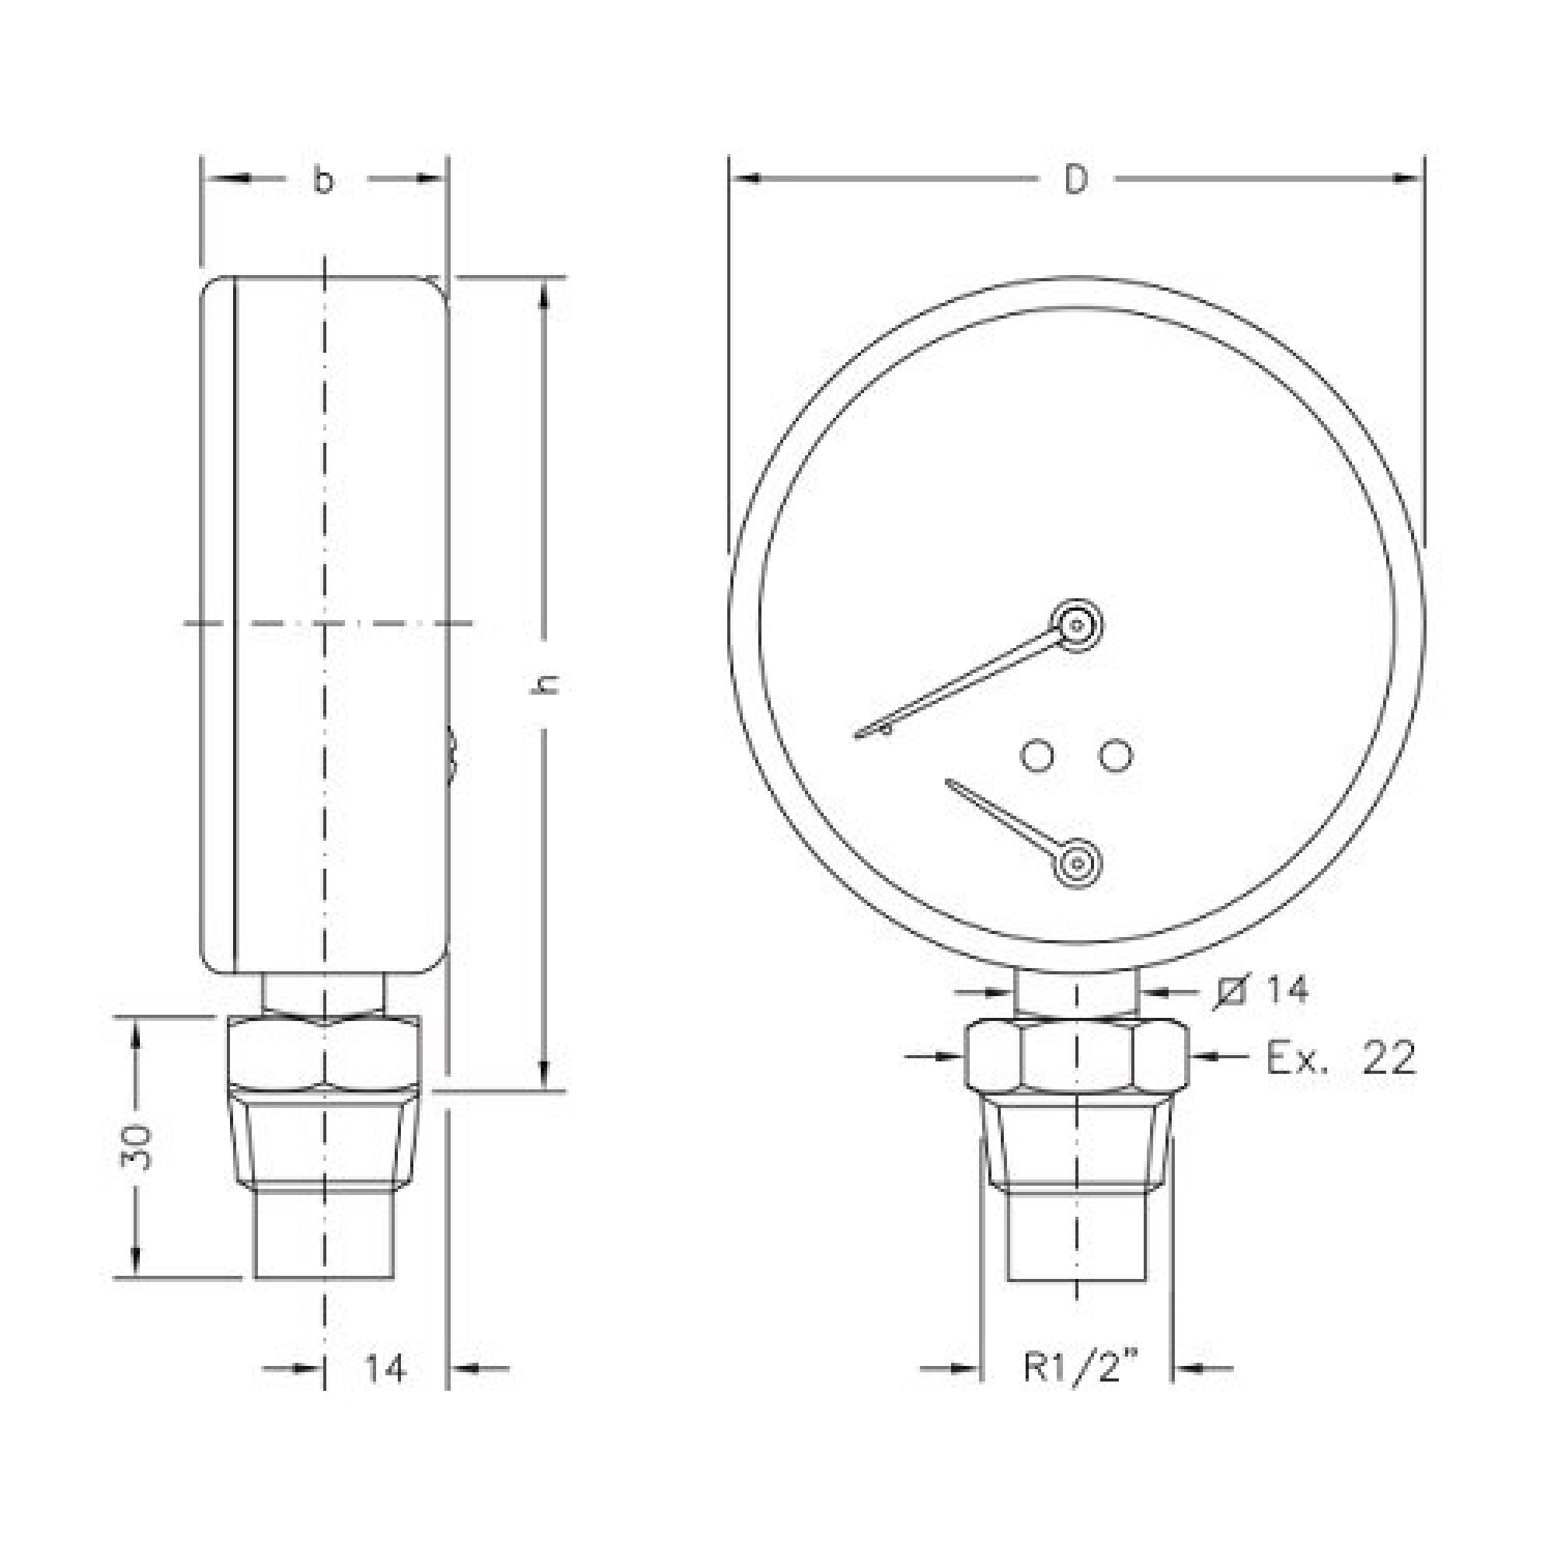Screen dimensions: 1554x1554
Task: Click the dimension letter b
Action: (x=322, y=181)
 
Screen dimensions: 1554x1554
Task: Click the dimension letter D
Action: (x=1075, y=180)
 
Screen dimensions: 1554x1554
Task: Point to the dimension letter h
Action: (x=548, y=685)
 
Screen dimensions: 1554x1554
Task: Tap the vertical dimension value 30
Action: (x=137, y=1147)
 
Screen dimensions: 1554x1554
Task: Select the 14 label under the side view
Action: (x=385, y=1368)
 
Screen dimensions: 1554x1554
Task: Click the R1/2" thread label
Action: (x=1082, y=1368)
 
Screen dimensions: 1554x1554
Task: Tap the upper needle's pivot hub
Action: (x=1077, y=623)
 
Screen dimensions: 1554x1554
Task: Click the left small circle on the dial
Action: (x=1037, y=755)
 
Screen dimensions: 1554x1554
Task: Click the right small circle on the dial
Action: (x=1117, y=755)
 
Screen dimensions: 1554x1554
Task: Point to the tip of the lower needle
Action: (x=950, y=781)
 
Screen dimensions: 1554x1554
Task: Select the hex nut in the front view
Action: (x=1076, y=1054)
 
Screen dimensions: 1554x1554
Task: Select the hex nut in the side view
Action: (x=324, y=1054)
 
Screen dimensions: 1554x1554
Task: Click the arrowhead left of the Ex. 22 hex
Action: (x=952, y=1056)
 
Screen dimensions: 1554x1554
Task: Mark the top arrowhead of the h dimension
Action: (x=545, y=294)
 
